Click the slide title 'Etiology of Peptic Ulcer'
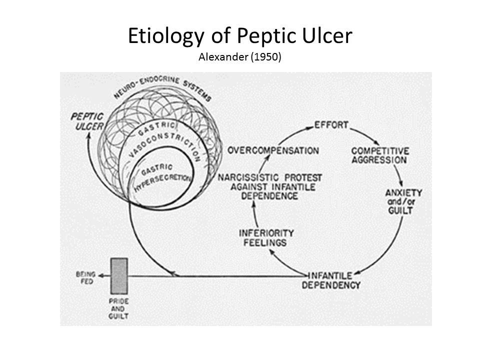coord(240,36)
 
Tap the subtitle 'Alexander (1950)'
coord(240,57)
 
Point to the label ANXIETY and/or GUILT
coord(404,201)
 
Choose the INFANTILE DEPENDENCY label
coord(333,280)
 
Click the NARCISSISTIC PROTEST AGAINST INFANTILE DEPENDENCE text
coord(269,186)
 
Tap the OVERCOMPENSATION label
coord(273,150)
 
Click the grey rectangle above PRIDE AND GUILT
coord(119,275)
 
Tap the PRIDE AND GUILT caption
coord(119,309)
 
